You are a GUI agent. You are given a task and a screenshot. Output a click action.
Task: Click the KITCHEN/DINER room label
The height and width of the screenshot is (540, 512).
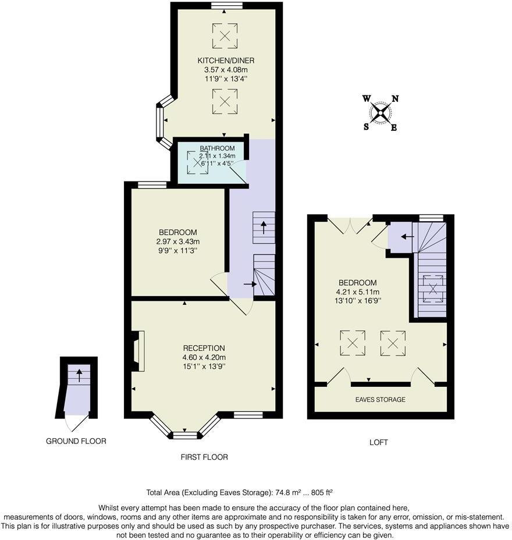(226, 61)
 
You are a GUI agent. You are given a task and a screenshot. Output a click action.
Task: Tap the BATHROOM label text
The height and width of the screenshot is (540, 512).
(217, 148)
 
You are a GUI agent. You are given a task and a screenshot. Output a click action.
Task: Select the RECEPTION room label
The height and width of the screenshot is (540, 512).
(204, 348)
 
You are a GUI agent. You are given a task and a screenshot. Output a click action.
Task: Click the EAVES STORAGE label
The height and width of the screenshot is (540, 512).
(381, 400)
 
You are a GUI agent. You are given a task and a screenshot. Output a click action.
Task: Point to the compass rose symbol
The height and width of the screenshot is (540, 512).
(381, 112)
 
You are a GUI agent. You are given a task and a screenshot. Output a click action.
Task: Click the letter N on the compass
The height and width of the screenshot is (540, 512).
(395, 98)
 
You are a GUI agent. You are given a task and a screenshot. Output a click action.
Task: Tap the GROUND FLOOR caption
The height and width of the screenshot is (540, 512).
(76, 441)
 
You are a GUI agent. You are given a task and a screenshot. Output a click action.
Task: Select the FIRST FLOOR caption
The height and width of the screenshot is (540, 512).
(204, 457)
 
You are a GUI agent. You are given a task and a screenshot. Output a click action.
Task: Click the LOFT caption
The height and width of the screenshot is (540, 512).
(379, 442)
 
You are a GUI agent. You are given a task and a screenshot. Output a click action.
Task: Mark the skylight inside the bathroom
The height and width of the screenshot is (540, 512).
(196, 162)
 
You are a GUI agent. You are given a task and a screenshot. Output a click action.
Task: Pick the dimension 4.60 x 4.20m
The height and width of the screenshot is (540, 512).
(204, 357)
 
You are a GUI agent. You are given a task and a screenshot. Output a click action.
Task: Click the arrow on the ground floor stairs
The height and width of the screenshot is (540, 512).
(79, 375)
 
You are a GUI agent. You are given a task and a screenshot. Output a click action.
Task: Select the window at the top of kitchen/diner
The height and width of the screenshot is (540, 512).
(226, 5)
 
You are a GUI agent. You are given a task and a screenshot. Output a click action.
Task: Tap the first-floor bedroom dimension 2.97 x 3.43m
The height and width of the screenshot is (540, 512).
(178, 241)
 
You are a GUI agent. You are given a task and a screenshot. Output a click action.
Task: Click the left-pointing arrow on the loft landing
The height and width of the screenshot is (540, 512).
(407, 237)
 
